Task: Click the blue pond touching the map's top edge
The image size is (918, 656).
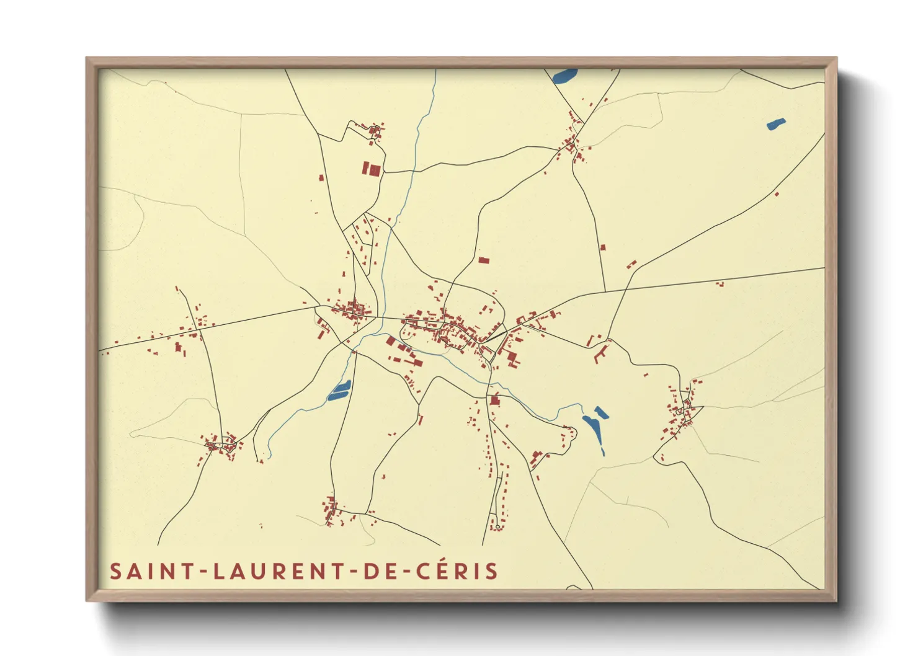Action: pyautogui.click(x=564, y=76)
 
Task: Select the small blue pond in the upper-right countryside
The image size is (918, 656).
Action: pyautogui.click(x=775, y=123)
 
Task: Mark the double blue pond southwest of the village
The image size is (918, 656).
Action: pyautogui.click(x=339, y=389)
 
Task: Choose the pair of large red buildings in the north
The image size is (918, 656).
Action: pyautogui.click(x=372, y=169)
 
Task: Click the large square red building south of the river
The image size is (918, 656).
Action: pyautogui.click(x=495, y=400)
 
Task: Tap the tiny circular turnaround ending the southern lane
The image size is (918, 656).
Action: pyautogui.click(x=497, y=528)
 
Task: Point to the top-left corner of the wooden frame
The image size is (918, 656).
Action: pyautogui.click(x=87, y=59)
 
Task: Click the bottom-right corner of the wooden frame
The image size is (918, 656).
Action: pyautogui.click(x=836, y=600)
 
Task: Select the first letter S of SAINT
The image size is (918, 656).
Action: pyautogui.click(x=115, y=571)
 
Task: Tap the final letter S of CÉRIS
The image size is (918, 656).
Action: pyautogui.click(x=492, y=571)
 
